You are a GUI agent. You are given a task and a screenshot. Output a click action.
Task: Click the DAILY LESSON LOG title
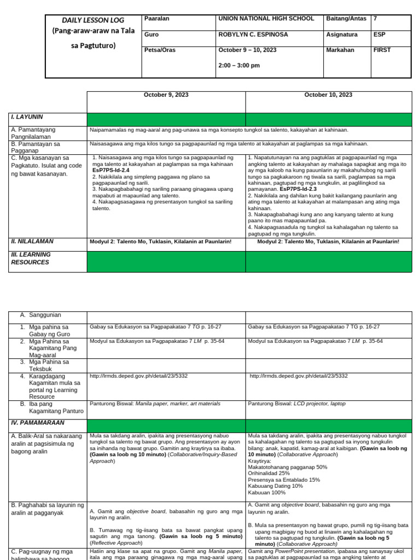pos(89,20)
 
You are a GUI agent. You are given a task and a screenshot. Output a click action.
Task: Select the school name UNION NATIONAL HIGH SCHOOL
pos(266,19)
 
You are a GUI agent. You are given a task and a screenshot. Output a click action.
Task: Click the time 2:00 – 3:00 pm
pos(239,66)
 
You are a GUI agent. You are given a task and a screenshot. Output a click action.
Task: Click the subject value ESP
pos(379,34)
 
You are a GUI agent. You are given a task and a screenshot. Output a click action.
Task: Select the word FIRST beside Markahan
pos(382,50)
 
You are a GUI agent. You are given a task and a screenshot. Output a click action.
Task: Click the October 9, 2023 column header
pos(166,95)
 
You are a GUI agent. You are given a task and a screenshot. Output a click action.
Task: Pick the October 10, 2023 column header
pos(328,95)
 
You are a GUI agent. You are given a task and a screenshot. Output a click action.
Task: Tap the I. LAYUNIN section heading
pos(27,117)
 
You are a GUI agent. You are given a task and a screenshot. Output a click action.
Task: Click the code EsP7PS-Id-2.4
pos(111,171)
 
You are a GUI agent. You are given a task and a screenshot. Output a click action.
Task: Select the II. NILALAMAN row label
pos(32,241)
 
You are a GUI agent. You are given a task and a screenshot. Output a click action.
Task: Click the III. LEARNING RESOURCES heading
pos(31,258)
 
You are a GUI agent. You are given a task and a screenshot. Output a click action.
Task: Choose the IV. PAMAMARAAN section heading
pos(38,423)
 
